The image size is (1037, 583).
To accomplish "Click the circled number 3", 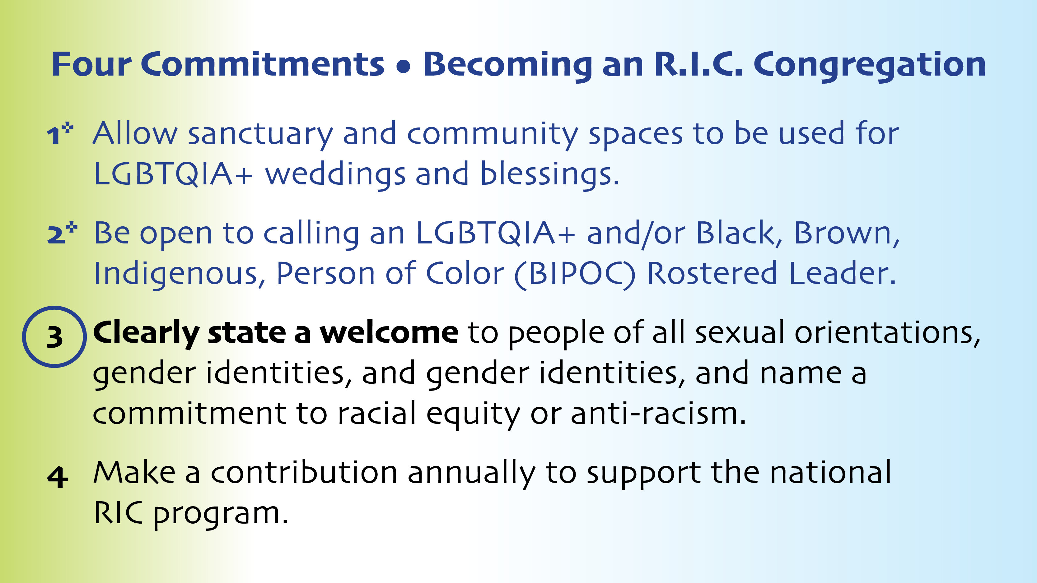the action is (x=55, y=337).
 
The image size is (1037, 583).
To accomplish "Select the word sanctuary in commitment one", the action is (x=260, y=135).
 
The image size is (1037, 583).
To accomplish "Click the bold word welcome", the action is (x=389, y=333).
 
